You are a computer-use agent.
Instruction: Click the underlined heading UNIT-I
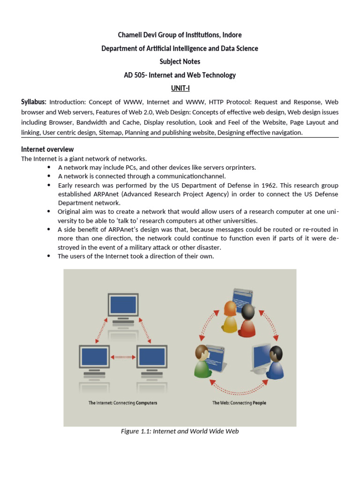(180, 88)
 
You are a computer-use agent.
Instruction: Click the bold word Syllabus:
(34, 102)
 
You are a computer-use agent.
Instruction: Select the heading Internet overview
(47, 149)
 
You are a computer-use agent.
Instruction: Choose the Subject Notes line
(180, 61)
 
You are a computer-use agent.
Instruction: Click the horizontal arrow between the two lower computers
(122, 357)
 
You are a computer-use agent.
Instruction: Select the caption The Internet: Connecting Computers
(123, 403)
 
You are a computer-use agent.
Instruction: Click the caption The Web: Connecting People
(239, 403)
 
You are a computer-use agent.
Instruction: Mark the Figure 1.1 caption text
(180, 431)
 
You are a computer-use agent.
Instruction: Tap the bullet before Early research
(49, 185)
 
